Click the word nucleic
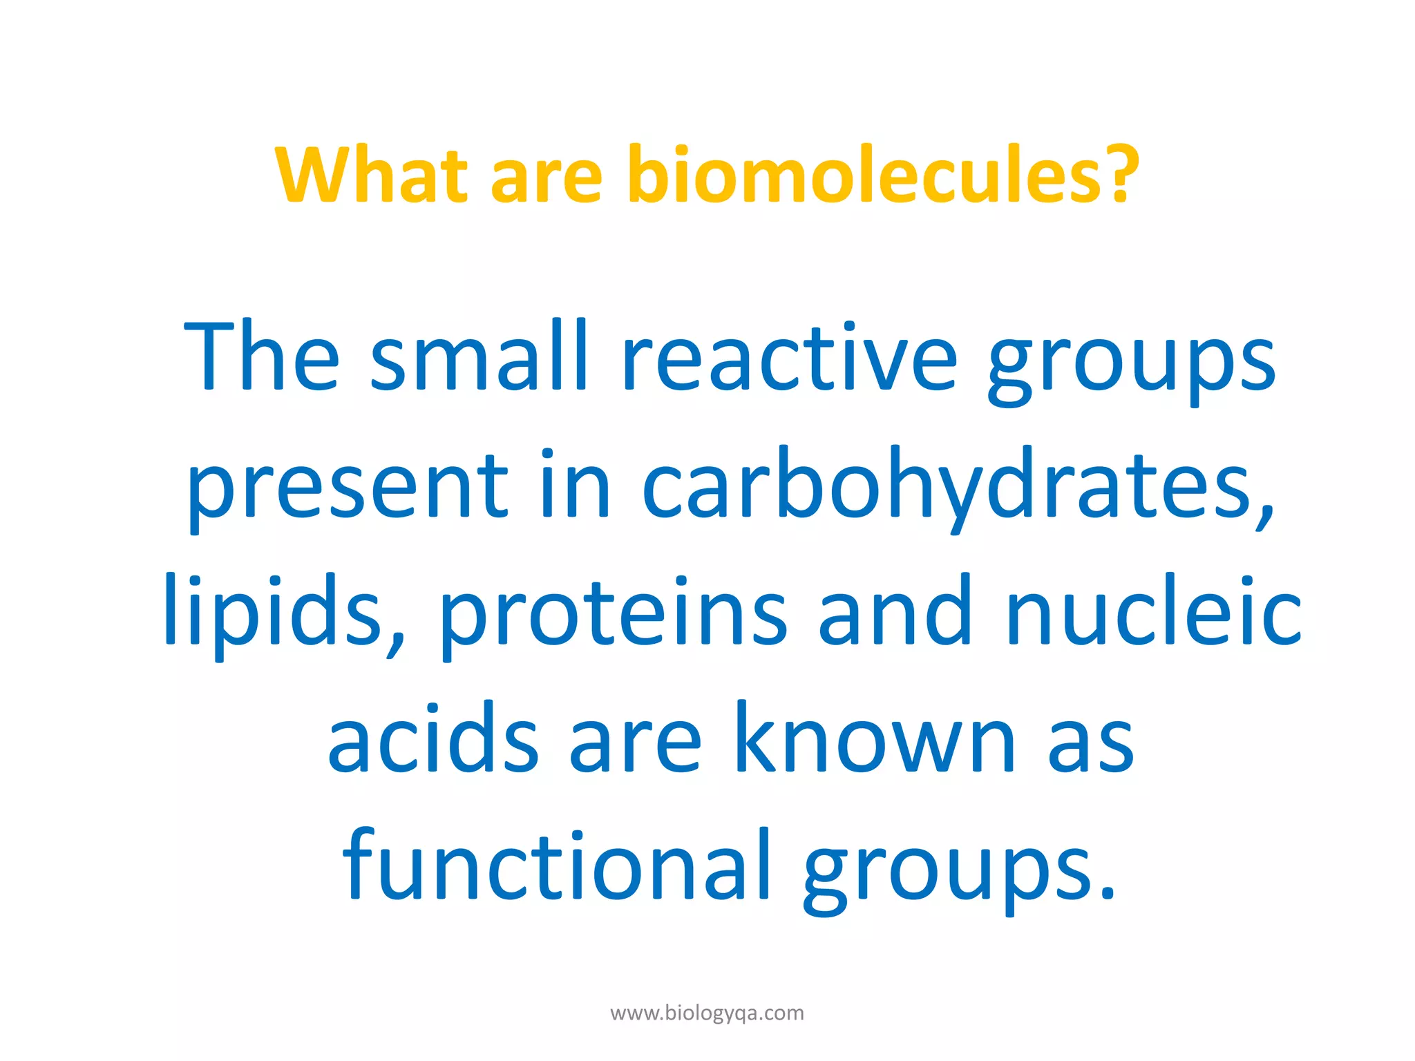click(1154, 611)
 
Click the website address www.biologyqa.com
click(707, 1013)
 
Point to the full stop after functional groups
click(1108, 895)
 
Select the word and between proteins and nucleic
click(895, 611)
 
